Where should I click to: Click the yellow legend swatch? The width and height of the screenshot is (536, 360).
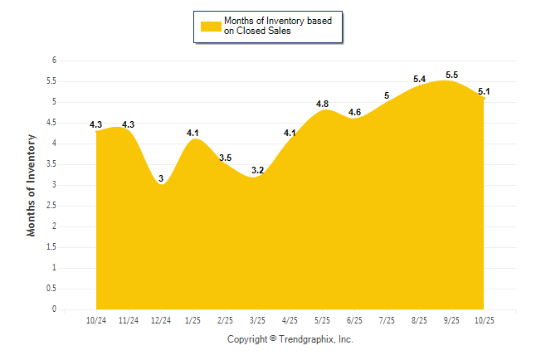(211, 26)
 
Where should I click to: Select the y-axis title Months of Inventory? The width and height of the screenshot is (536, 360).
(32, 185)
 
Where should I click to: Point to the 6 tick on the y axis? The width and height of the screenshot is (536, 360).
(54, 61)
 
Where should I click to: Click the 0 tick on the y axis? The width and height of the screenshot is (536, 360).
(54, 309)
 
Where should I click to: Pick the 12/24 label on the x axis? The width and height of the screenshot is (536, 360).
(161, 320)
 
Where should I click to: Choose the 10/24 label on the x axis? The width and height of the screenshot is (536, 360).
(96, 320)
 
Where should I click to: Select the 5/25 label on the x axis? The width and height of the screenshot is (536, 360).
(323, 320)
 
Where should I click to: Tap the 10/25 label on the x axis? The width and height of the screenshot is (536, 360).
(484, 320)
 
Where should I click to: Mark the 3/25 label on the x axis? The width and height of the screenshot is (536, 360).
(258, 320)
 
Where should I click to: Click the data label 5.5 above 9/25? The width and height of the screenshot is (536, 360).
(452, 75)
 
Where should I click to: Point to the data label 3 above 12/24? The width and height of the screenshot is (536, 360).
(161, 178)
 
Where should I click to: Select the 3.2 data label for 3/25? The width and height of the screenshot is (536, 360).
(258, 170)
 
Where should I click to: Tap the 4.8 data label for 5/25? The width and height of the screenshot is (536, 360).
(323, 104)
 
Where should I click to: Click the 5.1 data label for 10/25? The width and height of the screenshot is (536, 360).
(484, 91)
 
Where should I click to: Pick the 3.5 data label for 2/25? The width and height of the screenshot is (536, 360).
(226, 158)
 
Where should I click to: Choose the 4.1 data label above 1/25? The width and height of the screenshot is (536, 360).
(193, 133)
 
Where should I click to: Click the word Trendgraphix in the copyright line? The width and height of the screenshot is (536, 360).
(308, 339)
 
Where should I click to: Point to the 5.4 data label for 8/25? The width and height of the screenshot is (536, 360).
(420, 79)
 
